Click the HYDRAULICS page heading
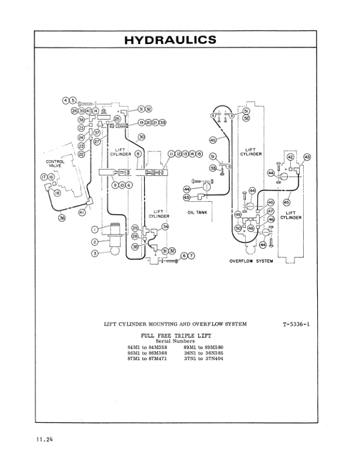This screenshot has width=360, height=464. pyautogui.click(x=171, y=40)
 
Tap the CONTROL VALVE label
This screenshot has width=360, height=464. pyautogui.click(x=55, y=164)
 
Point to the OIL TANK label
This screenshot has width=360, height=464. pyautogui.click(x=198, y=212)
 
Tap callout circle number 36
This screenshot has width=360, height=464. pyautogui.click(x=62, y=217)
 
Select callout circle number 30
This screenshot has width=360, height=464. pyautogui.click(x=141, y=137)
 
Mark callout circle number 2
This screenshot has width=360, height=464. pyautogui.click(x=94, y=242)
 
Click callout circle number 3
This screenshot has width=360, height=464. pyautogui.click(x=94, y=253)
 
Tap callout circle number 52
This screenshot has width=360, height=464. pyautogui.click(x=246, y=118)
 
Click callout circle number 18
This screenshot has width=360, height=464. pyautogui.click(x=57, y=193)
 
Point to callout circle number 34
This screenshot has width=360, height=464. pyautogui.click(x=165, y=226)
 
